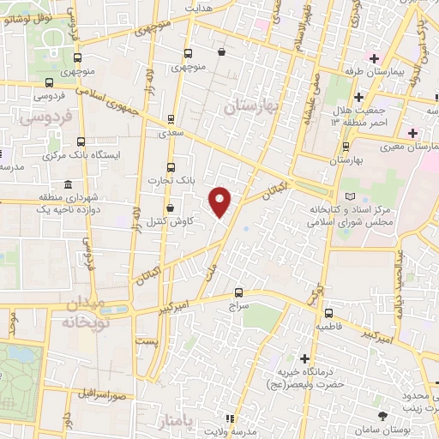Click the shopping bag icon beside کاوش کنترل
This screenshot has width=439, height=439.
(171, 207)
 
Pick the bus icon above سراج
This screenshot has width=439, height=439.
(238, 292)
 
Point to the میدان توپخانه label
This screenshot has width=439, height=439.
(83, 312)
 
